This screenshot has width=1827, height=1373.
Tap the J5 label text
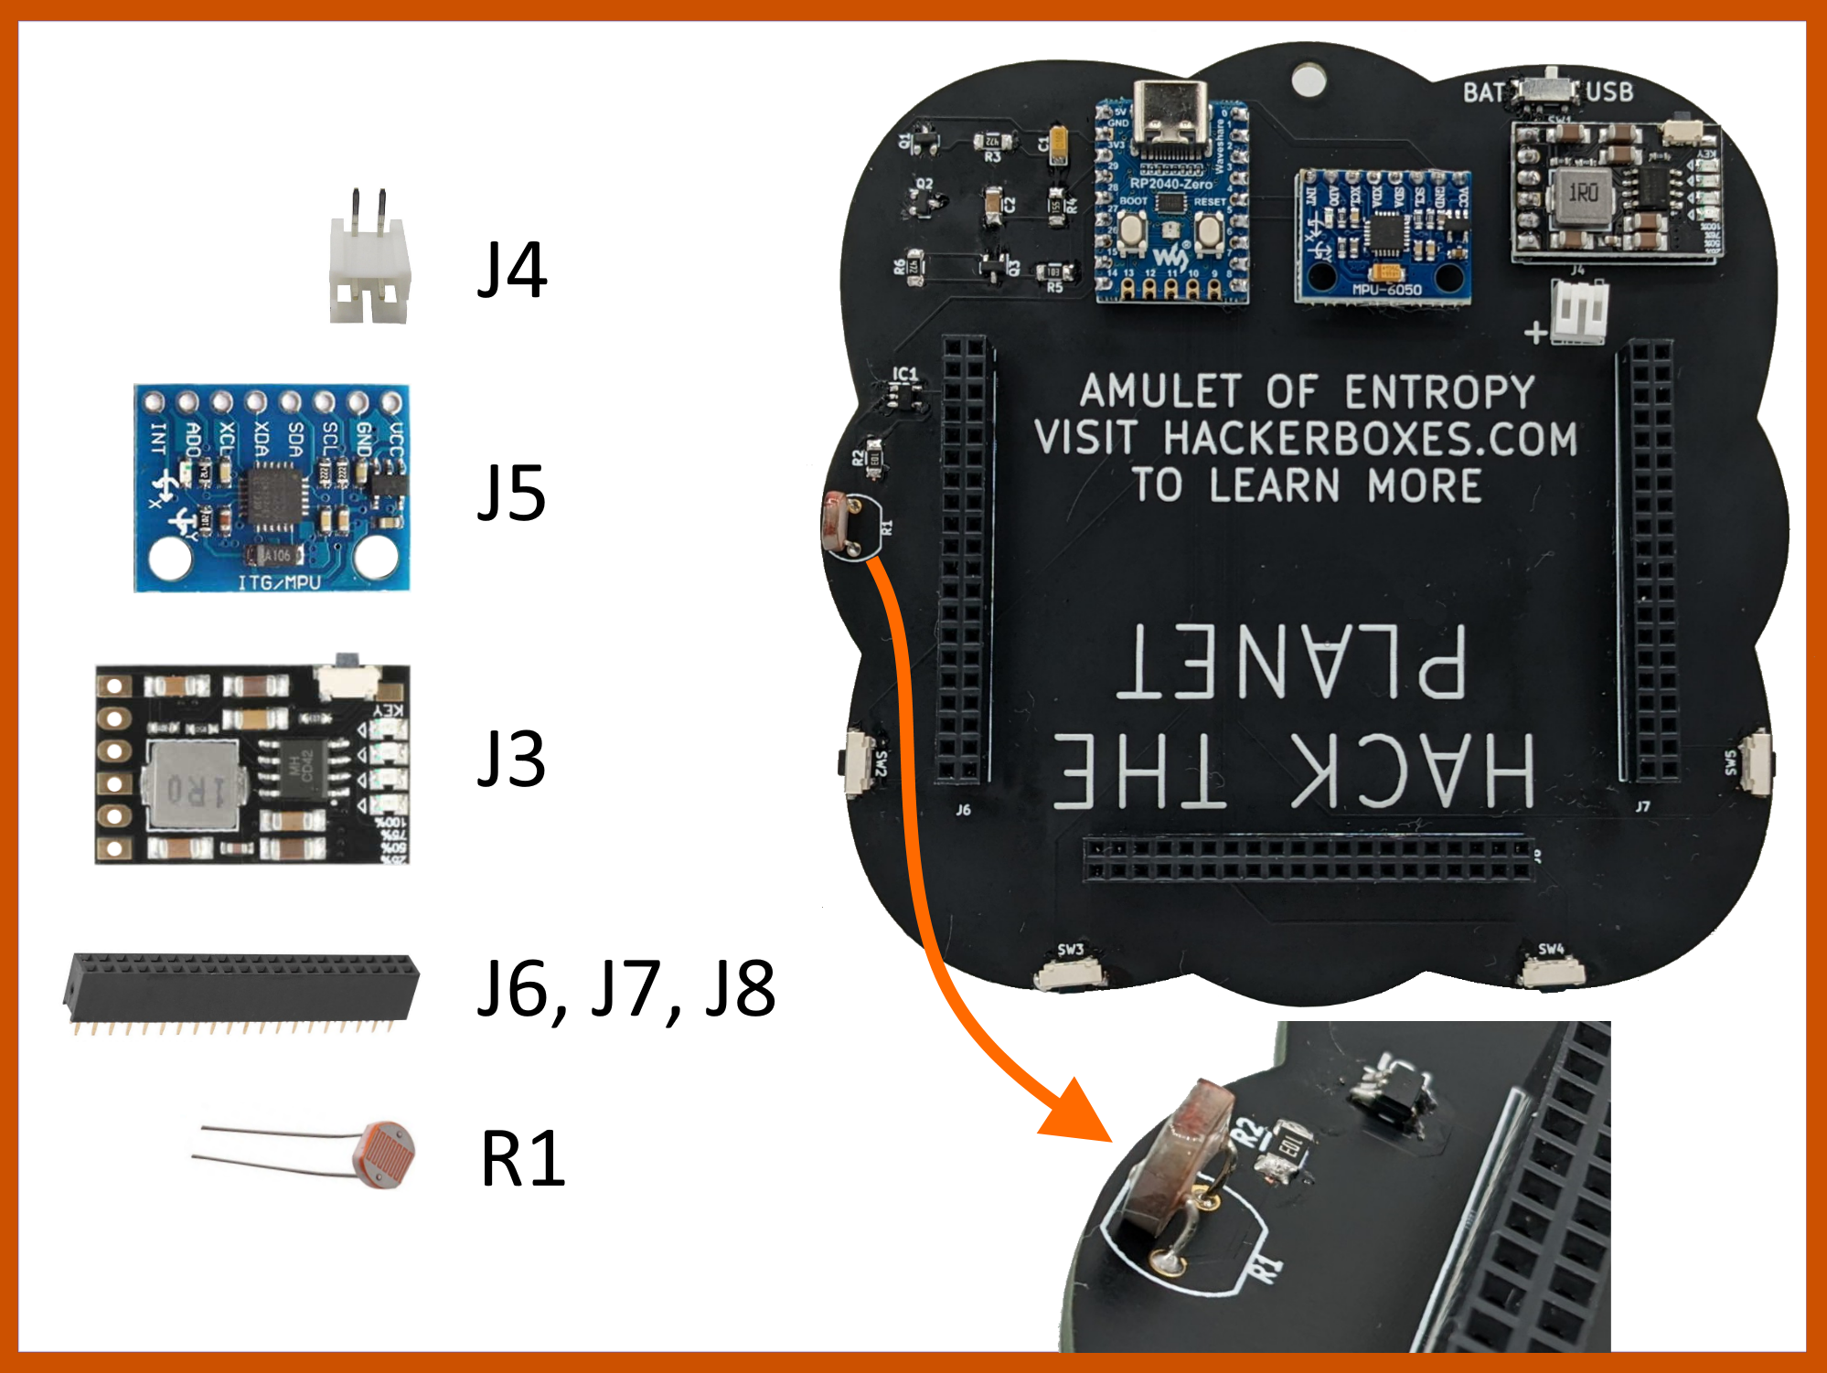(x=512, y=494)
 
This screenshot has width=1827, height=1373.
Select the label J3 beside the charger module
(x=512, y=759)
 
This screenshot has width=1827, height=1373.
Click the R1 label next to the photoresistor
(x=523, y=1158)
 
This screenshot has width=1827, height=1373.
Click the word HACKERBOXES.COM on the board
(x=1370, y=439)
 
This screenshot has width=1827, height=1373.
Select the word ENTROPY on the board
(x=1439, y=392)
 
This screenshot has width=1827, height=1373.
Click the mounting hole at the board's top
(x=1309, y=79)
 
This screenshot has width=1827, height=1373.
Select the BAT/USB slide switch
(x=1547, y=88)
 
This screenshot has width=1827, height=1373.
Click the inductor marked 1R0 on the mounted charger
(x=1583, y=194)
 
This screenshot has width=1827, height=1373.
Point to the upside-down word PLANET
(x=1292, y=662)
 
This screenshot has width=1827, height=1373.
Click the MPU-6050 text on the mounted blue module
(x=1386, y=290)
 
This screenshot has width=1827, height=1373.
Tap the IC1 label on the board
(x=904, y=373)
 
